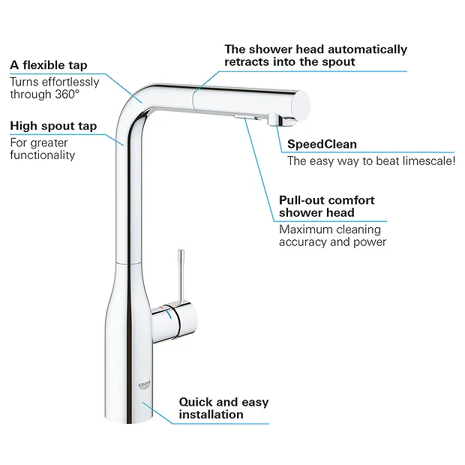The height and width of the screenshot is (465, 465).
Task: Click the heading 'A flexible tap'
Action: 48,65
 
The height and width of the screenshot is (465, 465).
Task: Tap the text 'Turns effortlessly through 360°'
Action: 54,88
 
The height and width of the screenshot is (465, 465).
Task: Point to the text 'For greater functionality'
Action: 43,148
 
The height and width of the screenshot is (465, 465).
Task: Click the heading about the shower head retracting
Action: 316,55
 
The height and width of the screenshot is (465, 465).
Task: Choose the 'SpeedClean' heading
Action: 322,143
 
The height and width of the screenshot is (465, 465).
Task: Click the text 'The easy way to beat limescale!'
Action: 371,160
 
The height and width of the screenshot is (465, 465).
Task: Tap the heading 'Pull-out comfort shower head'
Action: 326,206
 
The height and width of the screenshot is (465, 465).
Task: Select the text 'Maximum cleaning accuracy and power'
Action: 332,235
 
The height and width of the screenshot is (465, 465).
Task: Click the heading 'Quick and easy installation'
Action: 223,408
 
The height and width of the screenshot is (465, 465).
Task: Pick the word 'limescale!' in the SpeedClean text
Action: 428,160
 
